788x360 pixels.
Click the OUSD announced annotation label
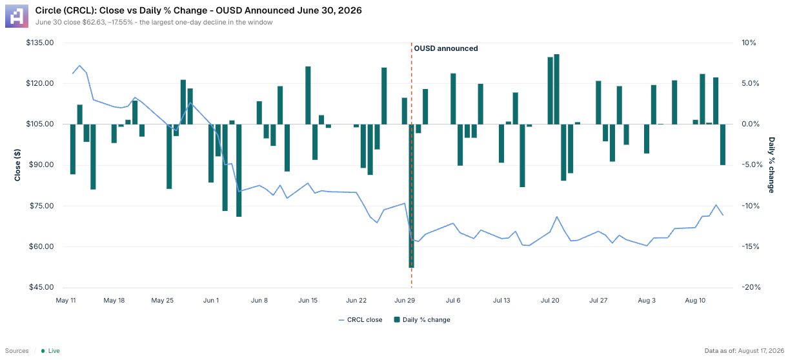click(446, 48)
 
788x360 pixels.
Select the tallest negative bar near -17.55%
click(411, 196)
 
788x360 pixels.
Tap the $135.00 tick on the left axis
click(40, 43)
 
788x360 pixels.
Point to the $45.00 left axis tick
click(41, 287)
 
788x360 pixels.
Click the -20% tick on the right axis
click(751, 287)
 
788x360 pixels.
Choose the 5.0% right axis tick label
click(750, 83)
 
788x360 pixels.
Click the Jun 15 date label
click(308, 300)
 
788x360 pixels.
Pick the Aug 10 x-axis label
click(695, 300)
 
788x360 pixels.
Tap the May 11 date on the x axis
click(66, 300)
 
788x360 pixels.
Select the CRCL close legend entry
click(360, 320)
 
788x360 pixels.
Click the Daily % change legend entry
click(422, 320)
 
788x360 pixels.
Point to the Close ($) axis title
click(17, 165)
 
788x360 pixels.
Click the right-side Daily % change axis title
click(771, 165)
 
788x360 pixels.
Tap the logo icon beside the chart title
click(17, 16)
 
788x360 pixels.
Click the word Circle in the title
click(46, 10)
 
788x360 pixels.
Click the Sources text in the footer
click(17, 351)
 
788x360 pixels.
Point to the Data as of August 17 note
click(744, 351)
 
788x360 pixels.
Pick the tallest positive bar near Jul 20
click(556, 89)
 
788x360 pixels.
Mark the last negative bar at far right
click(723, 145)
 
